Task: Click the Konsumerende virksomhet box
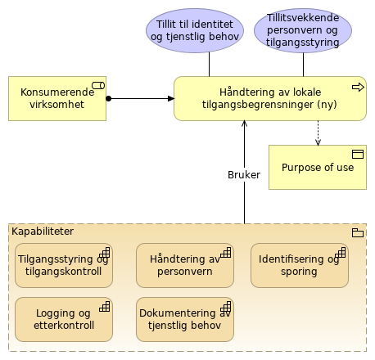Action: click(56, 98)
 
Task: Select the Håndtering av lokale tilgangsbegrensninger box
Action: click(269, 99)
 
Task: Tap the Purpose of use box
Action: click(318, 167)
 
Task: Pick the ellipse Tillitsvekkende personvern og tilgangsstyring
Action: click(303, 30)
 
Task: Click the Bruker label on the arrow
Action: click(243, 174)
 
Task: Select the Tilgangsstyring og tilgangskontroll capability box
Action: click(64, 265)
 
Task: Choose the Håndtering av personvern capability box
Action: click(185, 265)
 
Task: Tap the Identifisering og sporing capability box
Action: click(299, 265)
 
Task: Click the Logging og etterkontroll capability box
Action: click(64, 318)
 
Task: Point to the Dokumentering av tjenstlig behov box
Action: click(185, 318)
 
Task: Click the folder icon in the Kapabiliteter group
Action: click(356, 232)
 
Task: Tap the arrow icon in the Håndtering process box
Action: click(356, 86)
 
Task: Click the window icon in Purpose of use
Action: click(357, 154)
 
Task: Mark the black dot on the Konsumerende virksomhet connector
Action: click(109, 99)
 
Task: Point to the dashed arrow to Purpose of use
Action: click(318, 133)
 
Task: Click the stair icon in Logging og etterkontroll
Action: click(104, 307)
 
